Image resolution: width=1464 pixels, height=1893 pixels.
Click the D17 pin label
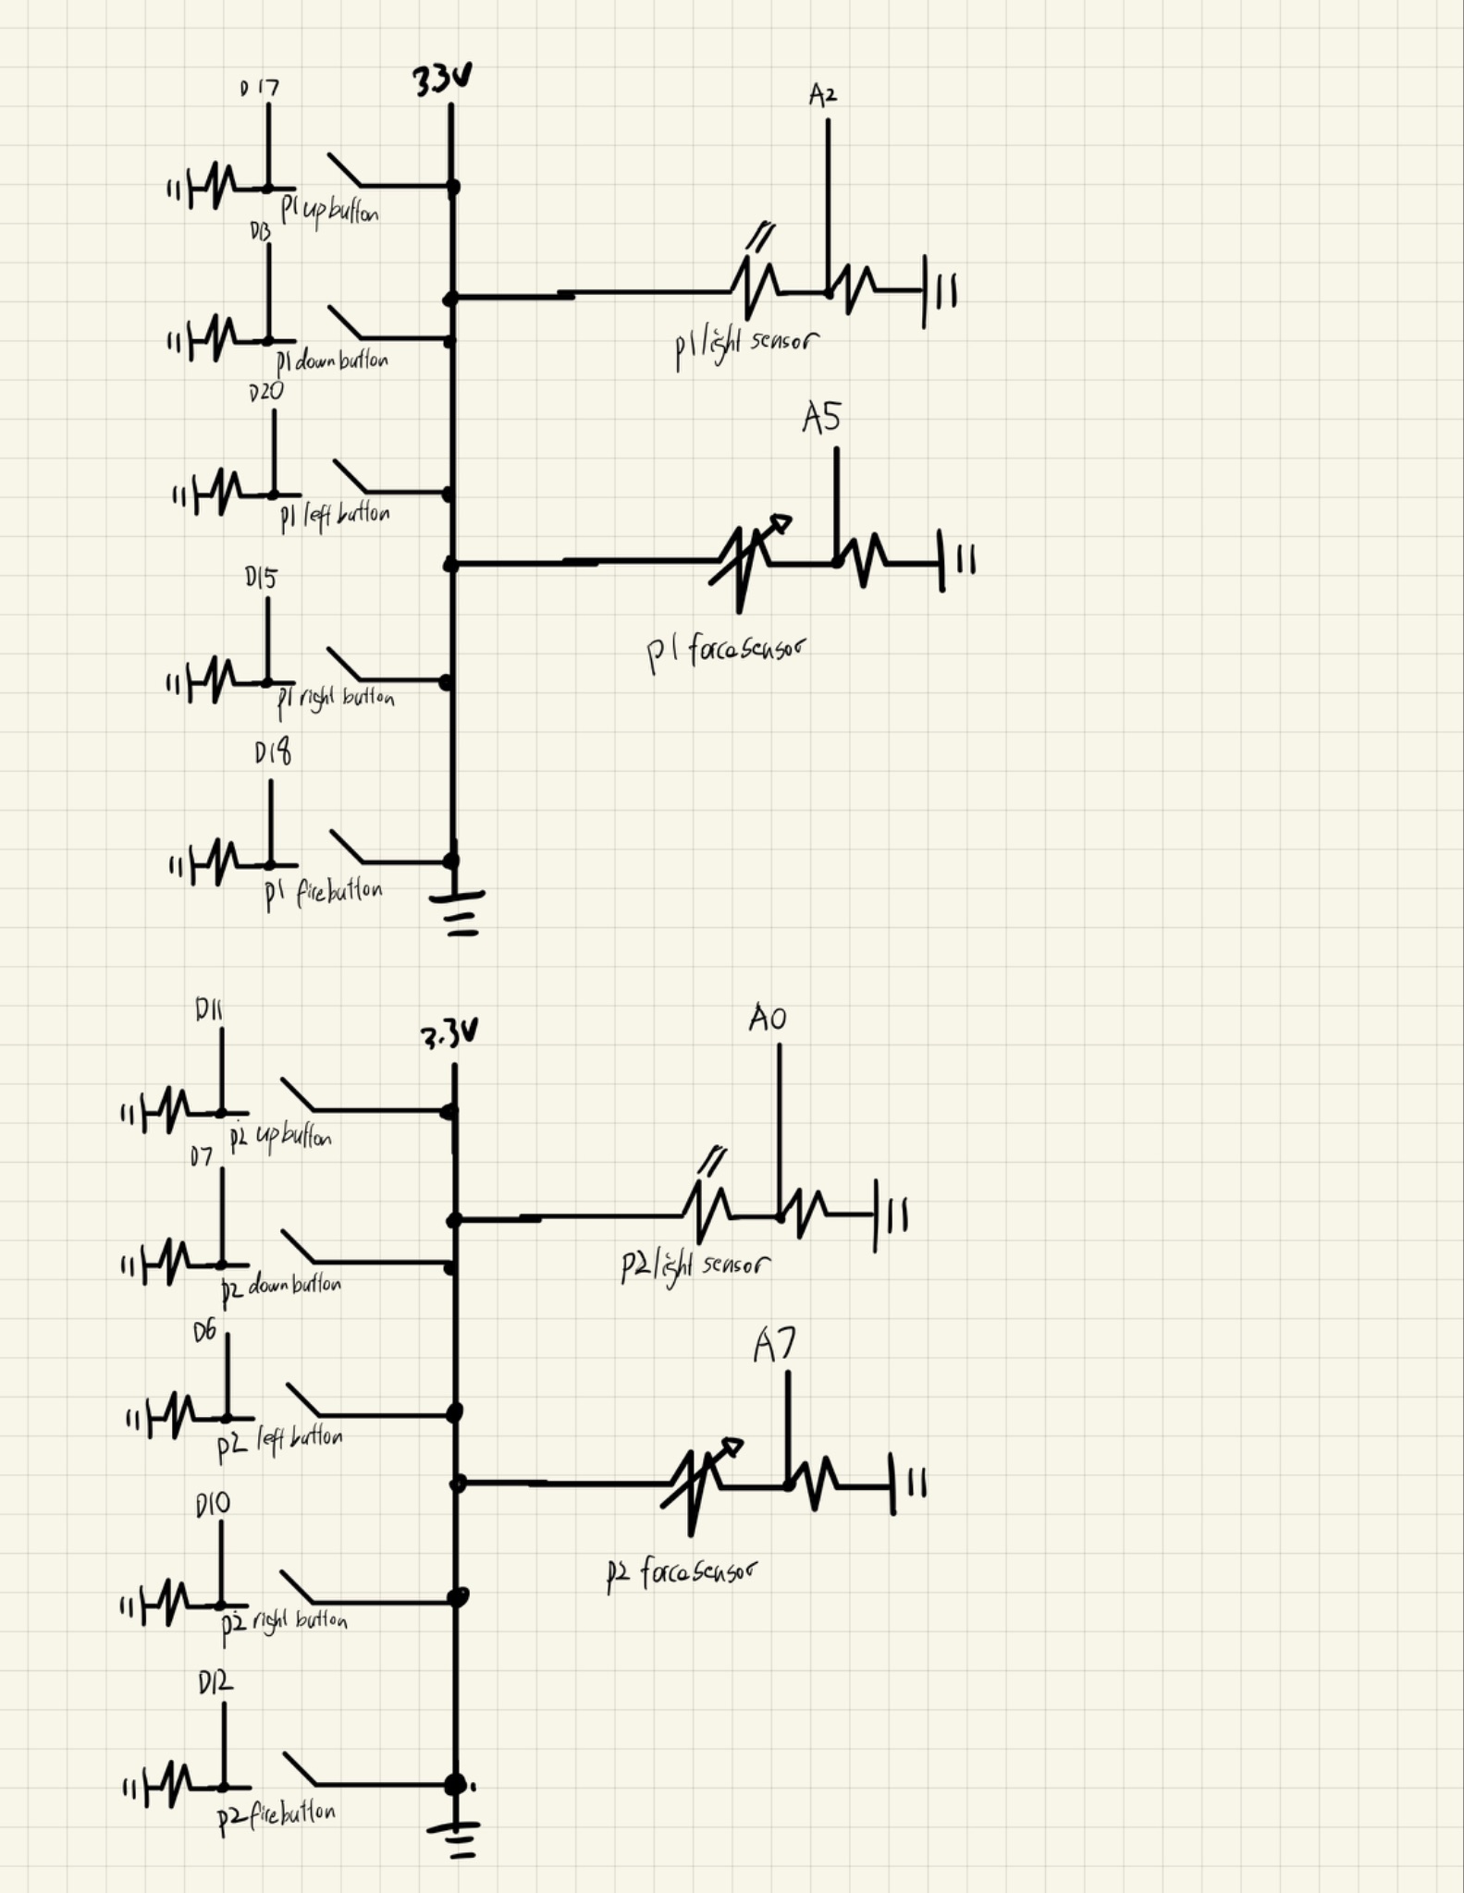(259, 89)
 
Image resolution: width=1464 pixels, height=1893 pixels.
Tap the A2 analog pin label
(822, 94)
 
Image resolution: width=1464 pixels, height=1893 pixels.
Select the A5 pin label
(821, 418)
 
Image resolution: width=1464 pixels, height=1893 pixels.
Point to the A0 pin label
(768, 1019)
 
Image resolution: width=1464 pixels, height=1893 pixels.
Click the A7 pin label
(773, 1345)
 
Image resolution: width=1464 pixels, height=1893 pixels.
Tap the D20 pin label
(266, 392)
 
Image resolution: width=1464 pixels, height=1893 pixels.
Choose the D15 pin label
(261, 578)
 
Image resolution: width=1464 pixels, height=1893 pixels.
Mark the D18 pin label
(273, 753)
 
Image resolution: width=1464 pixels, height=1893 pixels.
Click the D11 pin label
(208, 1010)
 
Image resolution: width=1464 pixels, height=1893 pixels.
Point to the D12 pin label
(215, 1684)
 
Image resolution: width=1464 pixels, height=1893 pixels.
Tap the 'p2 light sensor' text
(695, 1265)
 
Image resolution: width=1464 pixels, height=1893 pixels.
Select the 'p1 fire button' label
(324, 893)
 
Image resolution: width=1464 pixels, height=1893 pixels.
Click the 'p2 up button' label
(280, 1137)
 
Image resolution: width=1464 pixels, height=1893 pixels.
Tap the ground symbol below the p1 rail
(458, 910)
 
